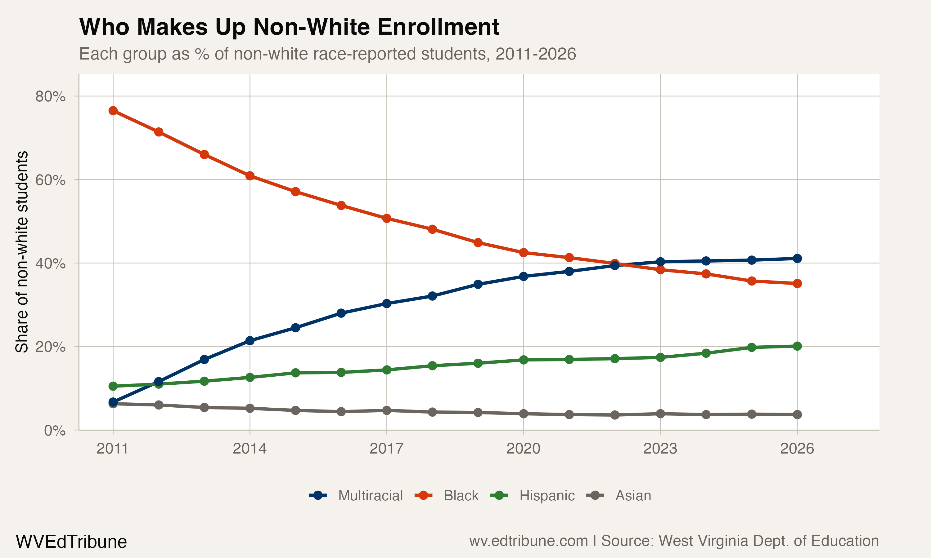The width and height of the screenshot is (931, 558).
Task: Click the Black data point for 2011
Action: [113, 111]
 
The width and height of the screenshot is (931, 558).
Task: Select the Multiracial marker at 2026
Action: [797, 258]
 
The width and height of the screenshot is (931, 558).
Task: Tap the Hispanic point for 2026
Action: [797, 346]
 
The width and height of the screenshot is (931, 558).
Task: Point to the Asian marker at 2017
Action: [386, 410]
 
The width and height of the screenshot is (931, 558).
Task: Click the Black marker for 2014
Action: [250, 175]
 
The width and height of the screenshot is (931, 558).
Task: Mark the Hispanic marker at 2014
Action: [250, 377]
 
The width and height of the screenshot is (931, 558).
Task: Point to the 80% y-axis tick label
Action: [50, 97]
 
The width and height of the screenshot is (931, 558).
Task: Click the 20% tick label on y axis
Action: [50, 347]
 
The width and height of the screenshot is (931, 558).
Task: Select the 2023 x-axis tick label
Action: [660, 449]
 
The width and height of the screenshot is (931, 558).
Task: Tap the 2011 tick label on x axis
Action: [113, 449]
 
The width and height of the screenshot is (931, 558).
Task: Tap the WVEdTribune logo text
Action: [71, 542]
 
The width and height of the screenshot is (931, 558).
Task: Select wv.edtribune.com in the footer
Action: [528, 541]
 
